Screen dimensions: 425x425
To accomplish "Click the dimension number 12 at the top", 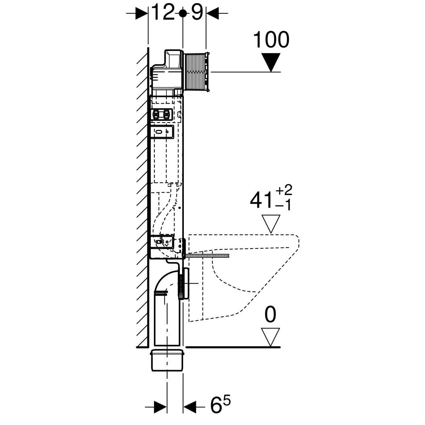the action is [x=163, y=12].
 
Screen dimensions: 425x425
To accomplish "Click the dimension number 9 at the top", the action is [x=197, y=12].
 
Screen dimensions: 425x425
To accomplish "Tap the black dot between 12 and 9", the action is [x=183, y=13].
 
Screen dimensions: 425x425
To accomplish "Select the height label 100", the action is [x=271, y=39].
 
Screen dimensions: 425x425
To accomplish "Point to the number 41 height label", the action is [x=261, y=200].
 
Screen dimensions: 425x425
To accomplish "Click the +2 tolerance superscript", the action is [x=284, y=190].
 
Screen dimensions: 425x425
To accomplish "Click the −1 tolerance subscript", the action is [x=284, y=205].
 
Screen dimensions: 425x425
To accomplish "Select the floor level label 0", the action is [x=270, y=314].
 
